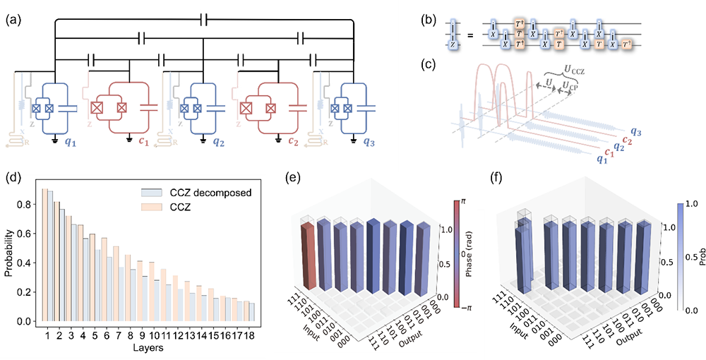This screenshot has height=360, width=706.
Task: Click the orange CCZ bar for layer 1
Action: point(44,255)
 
